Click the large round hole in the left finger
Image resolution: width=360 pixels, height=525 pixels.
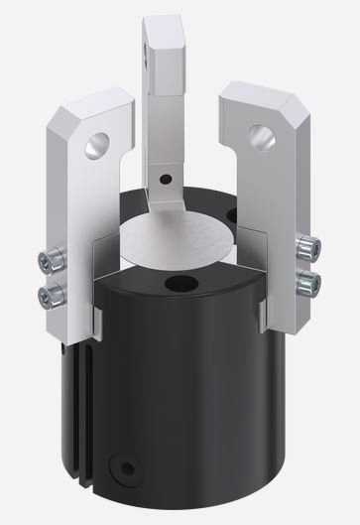(x=96, y=143)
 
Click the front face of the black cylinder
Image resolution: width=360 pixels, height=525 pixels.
(x=188, y=397)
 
